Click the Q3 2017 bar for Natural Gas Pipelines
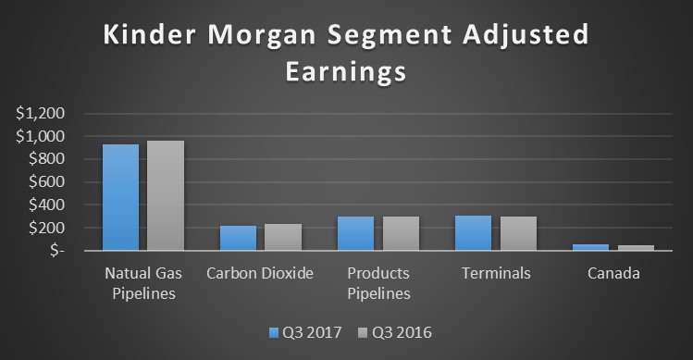point(120,197)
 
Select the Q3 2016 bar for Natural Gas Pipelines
point(166,195)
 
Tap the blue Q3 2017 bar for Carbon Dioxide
point(238,238)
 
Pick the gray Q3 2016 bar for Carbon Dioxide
point(283,237)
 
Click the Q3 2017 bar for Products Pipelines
point(356,233)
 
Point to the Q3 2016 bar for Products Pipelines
point(401,233)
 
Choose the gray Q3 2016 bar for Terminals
point(518,233)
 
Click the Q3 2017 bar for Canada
point(591,247)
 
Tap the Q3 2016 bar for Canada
point(636,248)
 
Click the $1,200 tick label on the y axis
point(41,114)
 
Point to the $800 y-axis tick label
point(45,159)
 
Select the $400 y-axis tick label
point(45,205)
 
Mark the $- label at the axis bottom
point(52,251)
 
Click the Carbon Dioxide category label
point(260,274)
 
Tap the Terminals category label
point(497,274)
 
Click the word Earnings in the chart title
point(347,71)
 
